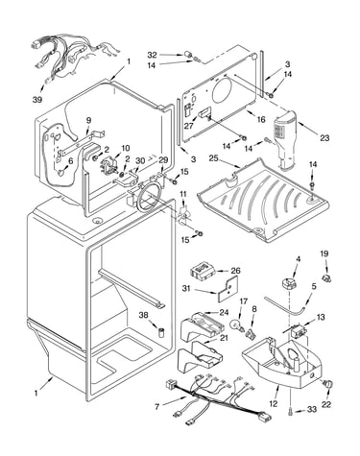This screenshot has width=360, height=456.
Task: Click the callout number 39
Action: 37,100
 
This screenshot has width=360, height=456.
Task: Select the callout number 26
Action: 235,271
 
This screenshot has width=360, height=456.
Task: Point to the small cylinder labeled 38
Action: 161,332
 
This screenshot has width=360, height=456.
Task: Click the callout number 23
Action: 324,138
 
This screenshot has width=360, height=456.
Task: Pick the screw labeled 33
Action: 291,412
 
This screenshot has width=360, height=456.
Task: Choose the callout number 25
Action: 213,158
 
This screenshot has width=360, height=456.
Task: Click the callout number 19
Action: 324,253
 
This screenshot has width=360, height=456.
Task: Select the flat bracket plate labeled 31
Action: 229,290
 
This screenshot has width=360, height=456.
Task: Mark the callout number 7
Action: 156,407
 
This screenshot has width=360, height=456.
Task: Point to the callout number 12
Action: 274,404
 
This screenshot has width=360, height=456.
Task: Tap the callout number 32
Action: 153,55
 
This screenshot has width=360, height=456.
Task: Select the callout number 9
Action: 88,120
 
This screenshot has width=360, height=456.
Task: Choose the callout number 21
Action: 225,338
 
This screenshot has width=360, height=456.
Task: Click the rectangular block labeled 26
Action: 202,271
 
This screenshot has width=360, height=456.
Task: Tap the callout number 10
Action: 126,148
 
